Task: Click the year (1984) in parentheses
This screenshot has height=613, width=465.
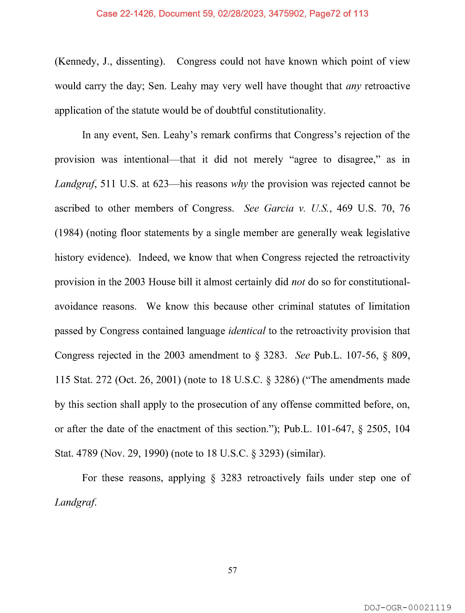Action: click(69, 233)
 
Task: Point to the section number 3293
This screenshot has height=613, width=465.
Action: click(270, 453)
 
